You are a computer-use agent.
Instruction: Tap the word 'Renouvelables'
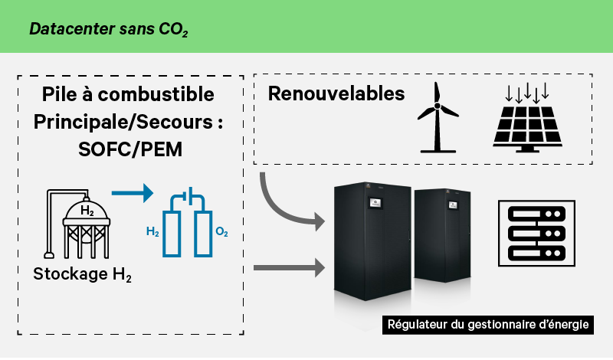coord(336,94)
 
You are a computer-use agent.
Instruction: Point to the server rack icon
coord(532,233)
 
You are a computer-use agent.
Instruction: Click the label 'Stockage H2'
coord(83,274)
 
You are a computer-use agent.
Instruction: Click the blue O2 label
coord(222,231)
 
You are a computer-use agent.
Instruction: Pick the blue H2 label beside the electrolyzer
coord(152,231)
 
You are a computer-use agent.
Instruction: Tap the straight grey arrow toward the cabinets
coord(286,268)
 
